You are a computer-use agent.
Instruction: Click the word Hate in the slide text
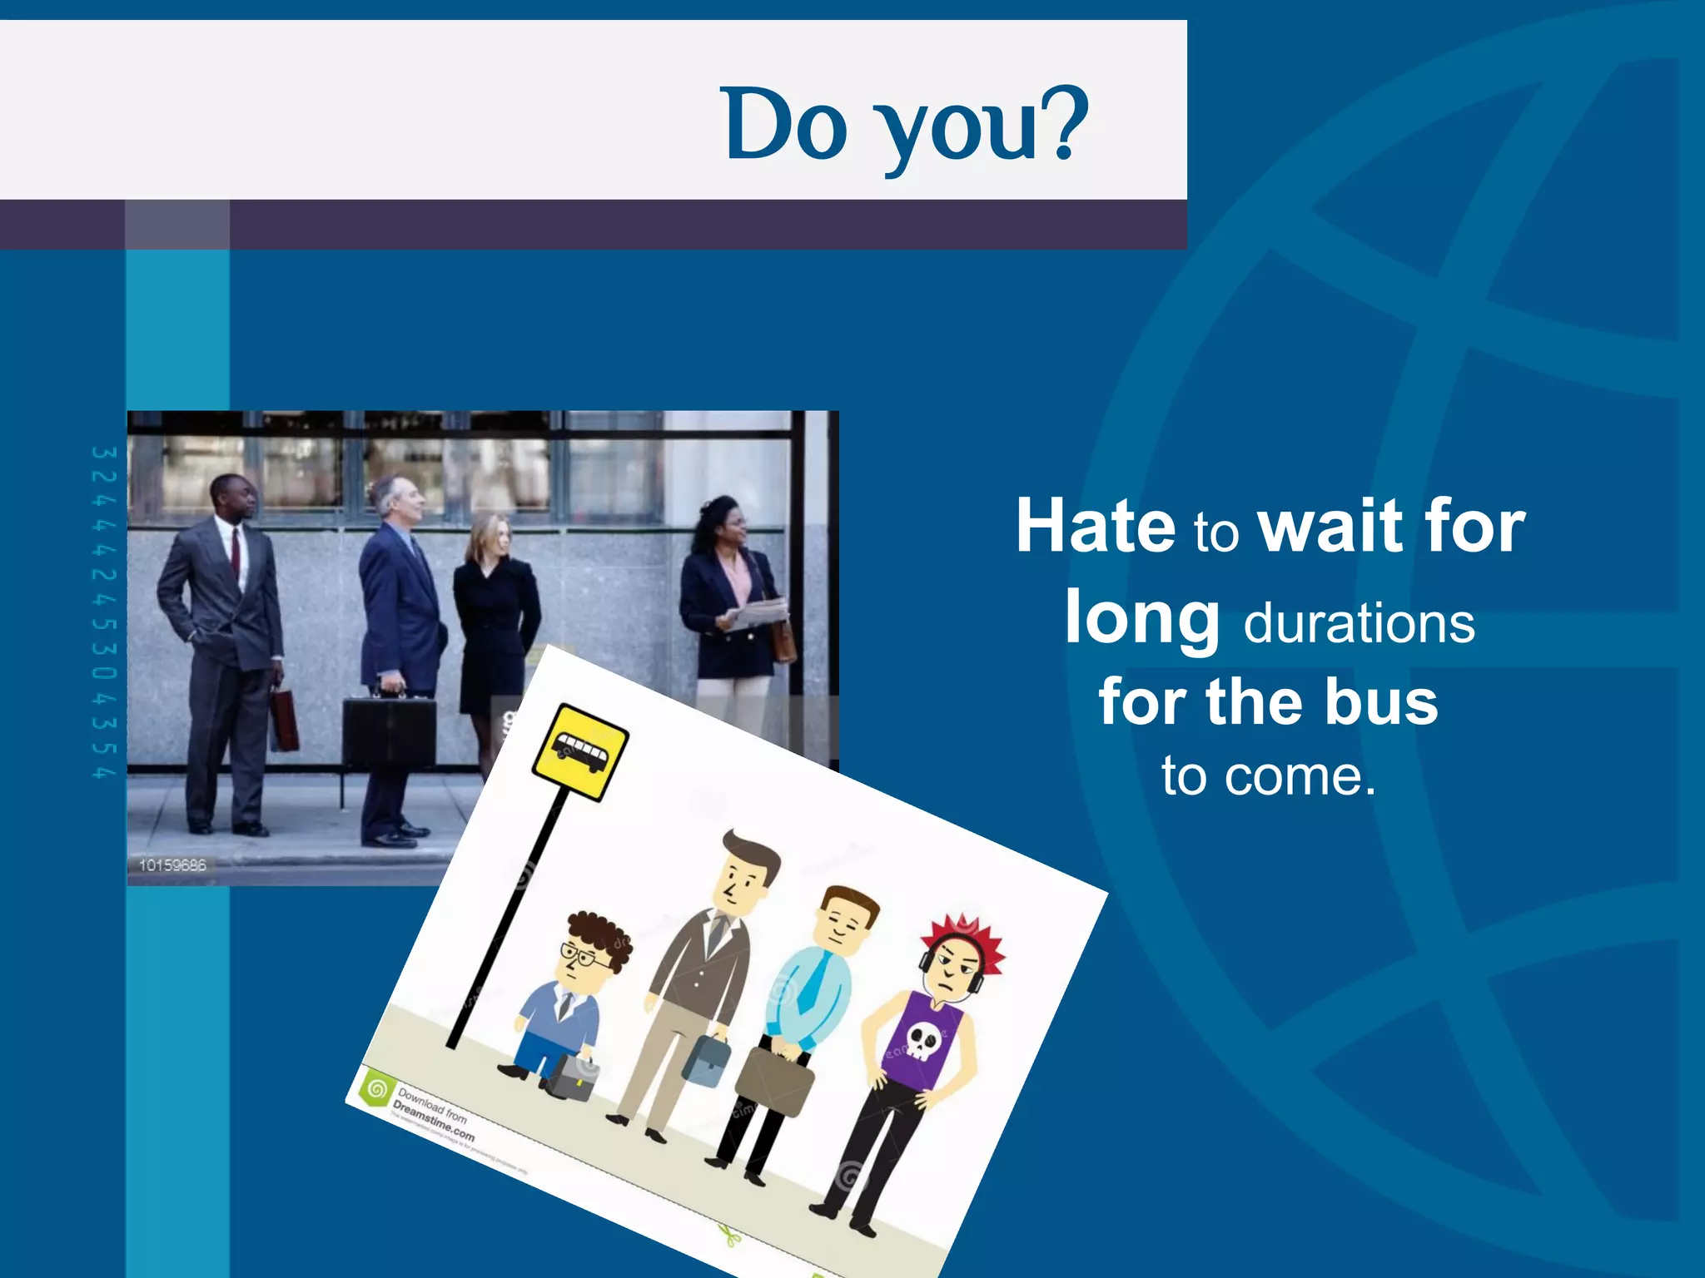(x=1096, y=526)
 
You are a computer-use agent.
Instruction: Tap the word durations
(x=1359, y=624)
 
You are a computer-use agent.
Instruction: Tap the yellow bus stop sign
(x=580, y=752)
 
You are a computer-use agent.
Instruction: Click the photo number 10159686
(x=172, y=865)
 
